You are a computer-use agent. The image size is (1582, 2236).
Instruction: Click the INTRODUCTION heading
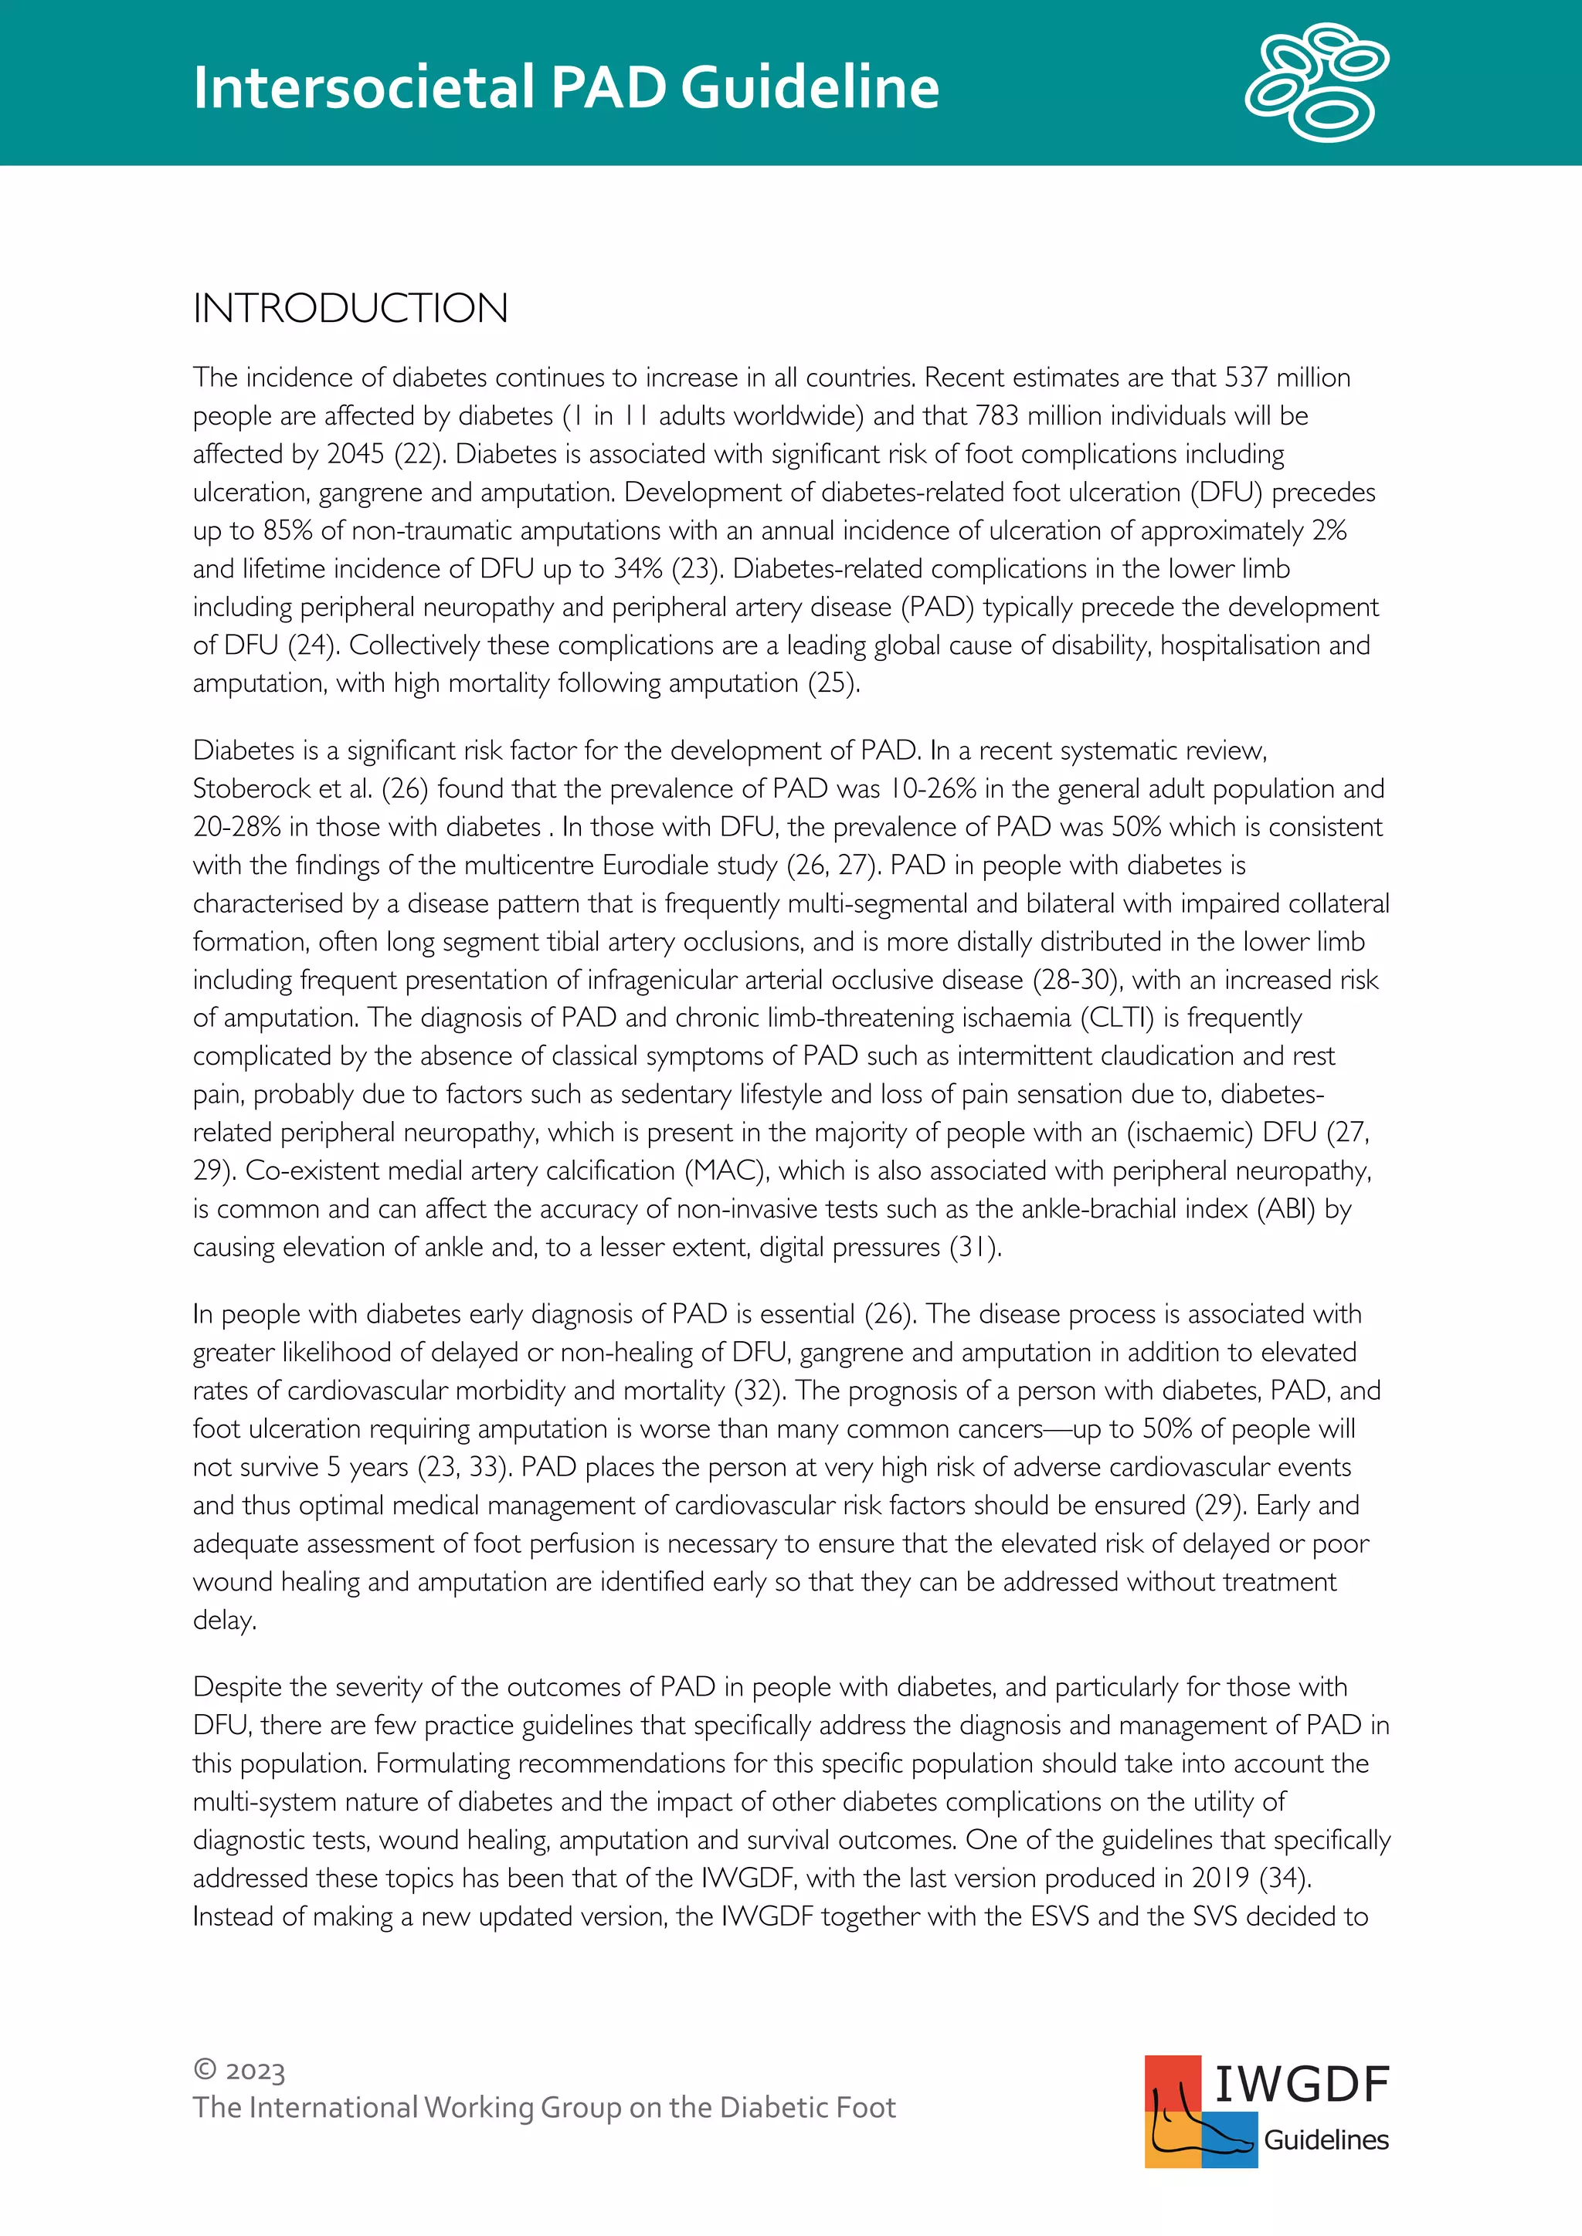coord(351,309)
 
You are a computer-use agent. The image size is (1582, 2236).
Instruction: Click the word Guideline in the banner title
coord(810,88)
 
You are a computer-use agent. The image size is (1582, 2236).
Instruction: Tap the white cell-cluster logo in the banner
coord(1317,83)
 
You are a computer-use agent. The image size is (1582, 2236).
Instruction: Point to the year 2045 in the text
coord(355,454)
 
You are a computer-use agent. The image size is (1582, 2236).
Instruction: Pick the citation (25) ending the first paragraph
coord(833,683)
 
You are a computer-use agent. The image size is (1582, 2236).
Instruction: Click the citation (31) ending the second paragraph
coord(974,1248)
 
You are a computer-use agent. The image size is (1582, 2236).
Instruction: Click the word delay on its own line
coord(224,1621)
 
